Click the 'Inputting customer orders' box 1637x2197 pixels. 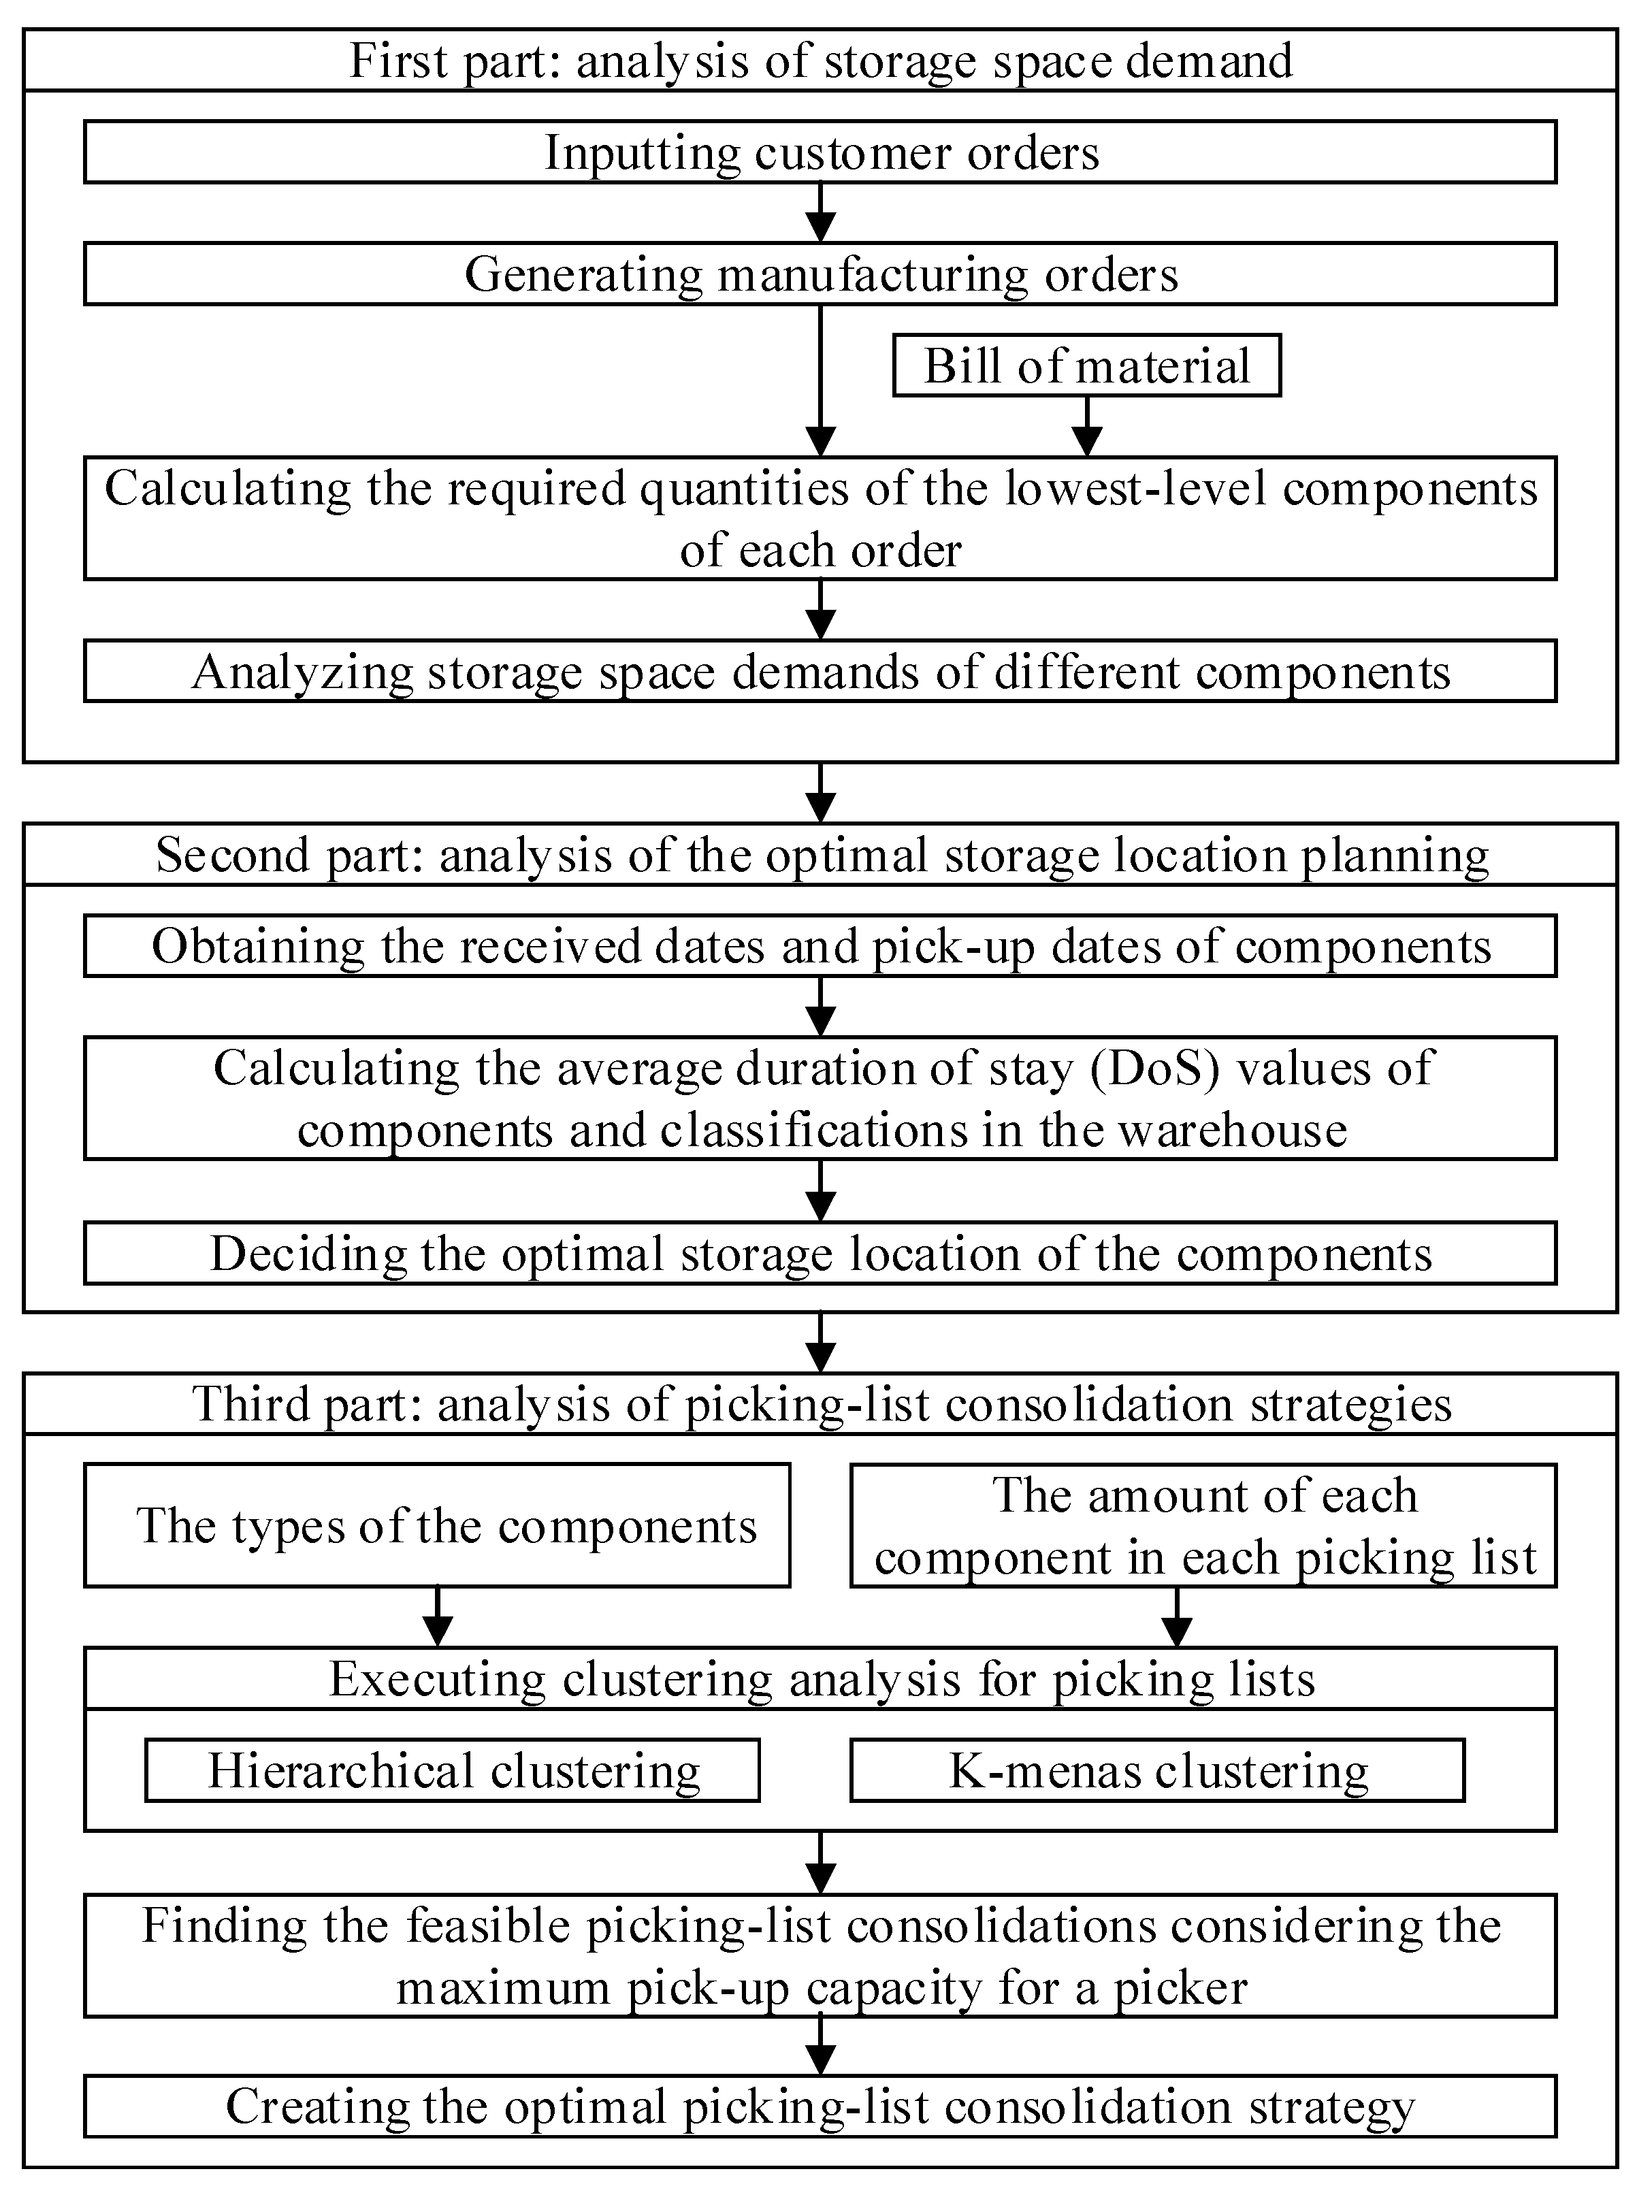820,152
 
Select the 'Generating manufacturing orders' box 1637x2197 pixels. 820,274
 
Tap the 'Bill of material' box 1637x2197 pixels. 1086,365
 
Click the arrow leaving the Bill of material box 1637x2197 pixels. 1087,426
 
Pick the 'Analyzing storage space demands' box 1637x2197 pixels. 820,672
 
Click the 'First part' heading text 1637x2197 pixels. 820,61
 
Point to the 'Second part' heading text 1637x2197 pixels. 820,854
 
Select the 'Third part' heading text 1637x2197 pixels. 820,1403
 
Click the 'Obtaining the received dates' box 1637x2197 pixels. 820,947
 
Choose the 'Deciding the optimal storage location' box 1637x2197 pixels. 820,1254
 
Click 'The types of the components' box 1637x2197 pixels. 437,1525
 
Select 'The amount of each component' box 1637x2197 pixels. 1203,1525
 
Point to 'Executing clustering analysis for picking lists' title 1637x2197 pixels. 820,1679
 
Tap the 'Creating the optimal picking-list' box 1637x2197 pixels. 820,2106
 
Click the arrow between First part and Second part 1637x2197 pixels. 820,793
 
